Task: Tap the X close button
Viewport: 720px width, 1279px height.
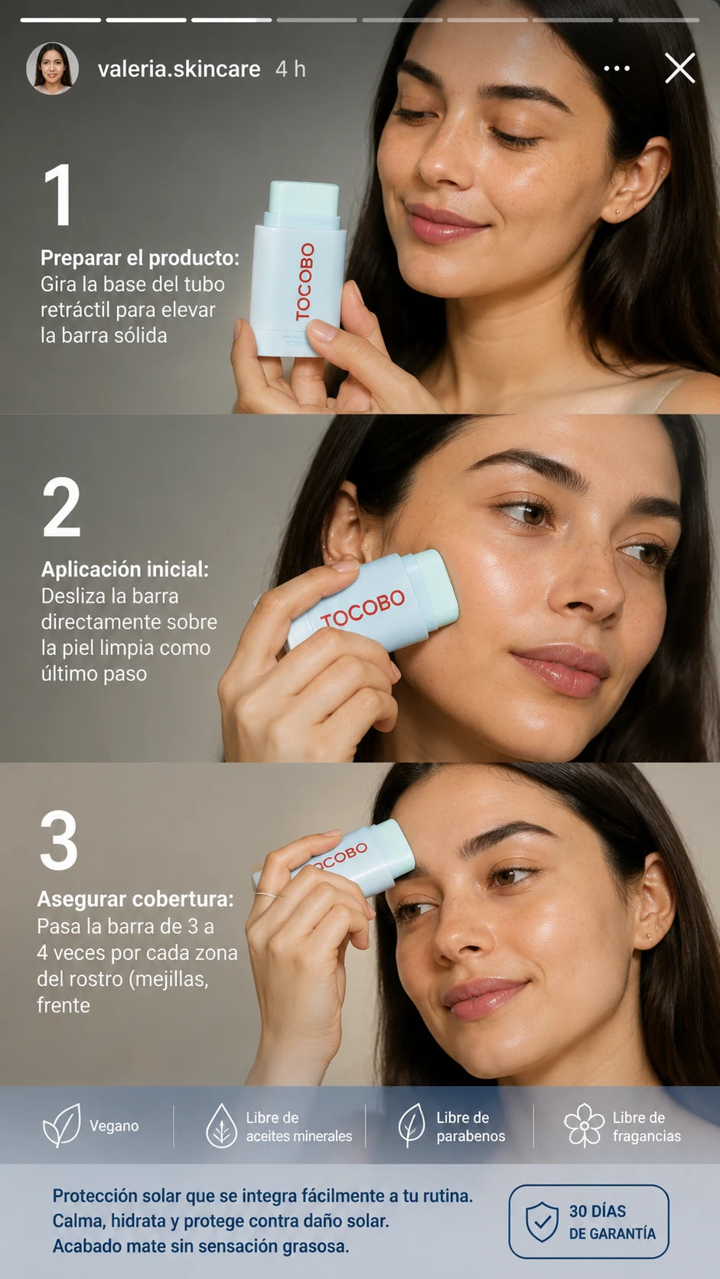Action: coord(680,69)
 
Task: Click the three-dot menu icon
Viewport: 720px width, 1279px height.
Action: coord(617,69)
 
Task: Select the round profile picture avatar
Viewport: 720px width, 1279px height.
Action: coord(53,69)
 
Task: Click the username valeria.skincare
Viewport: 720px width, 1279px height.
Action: coord(179,69)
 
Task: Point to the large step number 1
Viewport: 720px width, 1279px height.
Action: coord(58,195)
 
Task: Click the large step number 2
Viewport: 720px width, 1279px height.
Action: coord(61,507)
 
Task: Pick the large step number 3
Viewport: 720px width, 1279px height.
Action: coord(59,840)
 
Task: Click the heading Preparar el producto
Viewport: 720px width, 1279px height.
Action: coord(140,258)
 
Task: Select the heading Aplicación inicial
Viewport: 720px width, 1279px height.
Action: coord(125,569)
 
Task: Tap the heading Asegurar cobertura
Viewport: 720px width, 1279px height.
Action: coord(135,900)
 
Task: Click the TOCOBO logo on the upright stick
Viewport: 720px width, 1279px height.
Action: coord(305,282)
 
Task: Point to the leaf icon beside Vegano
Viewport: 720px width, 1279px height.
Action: coord(62,1125)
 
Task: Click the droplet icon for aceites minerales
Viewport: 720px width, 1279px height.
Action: coord(221,1125)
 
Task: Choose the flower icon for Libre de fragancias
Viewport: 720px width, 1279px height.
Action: coord(584,1125)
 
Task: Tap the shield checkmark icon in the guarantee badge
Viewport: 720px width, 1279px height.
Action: coord(542,1222)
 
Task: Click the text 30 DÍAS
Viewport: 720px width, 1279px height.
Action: coord(598,1211)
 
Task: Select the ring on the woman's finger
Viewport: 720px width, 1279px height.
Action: coord(266,895)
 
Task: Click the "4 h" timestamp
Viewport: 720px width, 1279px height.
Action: coord(291,69)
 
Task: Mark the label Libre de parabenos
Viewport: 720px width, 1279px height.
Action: coord(471,1127)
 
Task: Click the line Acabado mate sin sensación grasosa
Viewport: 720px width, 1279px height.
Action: coord(200,1246)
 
